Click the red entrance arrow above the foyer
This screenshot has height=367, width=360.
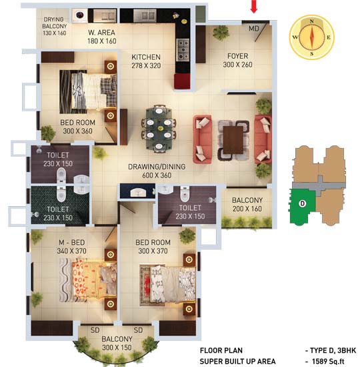pyautogui.click(x=254, y=6)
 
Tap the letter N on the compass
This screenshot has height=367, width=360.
pyautogui.click(x=311, y=21)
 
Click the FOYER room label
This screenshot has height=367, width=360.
pyautogui.click(x=237, y=56)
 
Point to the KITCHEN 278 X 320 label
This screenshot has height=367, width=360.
pyautogui.click(x=146, y=61)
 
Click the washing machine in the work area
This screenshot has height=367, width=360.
pyautogui.click(x=79, y=15)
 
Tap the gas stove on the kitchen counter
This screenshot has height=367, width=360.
pyautogui.click(x=183, y=49)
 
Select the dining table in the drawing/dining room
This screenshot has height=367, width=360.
pyautogui.click(x=159, y=129)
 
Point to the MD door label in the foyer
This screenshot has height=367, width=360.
pyautogui.click(x=254, y=29)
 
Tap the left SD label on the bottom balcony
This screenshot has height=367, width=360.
pyautogui.click(x=95, y=330)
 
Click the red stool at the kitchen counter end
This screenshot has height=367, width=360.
pyautogui.click(x=182, y=81)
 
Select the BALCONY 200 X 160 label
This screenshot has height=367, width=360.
pyautogui.click(x=247, y=204)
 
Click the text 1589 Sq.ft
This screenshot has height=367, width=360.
pyautogui.click(x=328, y=362)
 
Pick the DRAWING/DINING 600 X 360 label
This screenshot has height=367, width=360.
pyautogui.click(x=157, y=171)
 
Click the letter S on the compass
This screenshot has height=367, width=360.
pyautogui.click(x=312, y=54)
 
